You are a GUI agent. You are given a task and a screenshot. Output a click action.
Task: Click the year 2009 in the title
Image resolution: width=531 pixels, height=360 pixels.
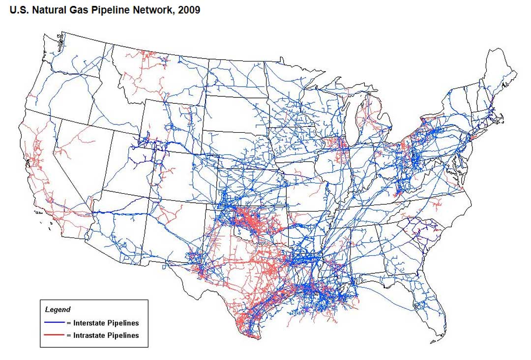point(190,10)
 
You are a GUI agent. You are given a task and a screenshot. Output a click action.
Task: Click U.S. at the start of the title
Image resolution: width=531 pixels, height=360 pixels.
point(20,10)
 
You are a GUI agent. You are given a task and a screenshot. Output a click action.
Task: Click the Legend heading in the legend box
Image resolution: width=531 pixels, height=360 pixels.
point(58,310)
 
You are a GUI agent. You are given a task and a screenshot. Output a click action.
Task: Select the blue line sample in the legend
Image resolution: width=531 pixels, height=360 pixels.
point(54,323)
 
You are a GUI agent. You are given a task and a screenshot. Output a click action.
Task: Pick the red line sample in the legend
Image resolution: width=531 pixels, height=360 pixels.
point(54,335)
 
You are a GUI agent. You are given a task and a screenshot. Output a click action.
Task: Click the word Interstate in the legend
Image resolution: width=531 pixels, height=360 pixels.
point(89,323)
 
